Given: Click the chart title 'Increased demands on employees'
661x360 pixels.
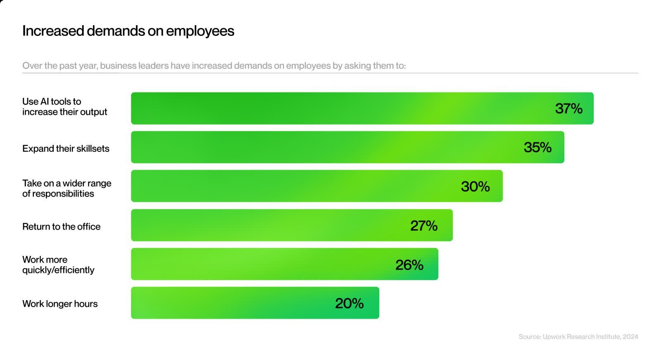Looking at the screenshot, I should point(128,31).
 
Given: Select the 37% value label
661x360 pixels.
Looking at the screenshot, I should point(568,109).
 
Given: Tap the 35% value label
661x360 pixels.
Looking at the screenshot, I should point(537,147).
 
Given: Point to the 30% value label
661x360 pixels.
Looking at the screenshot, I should point(475,187).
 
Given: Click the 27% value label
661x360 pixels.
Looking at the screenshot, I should point(423,226).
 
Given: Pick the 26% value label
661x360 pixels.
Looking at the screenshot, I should point(409,265).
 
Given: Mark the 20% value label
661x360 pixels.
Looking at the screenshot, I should point(349,303).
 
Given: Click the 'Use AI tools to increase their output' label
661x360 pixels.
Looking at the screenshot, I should point(65,107).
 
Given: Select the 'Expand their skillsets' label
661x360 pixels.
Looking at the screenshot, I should point(66,149).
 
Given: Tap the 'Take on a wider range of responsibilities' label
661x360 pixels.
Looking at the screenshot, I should point(67,188).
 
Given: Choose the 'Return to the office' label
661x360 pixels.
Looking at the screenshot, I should point(62,227).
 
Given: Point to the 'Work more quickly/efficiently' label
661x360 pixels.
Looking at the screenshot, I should point(58,265).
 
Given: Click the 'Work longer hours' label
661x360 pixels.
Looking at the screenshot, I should point(60,304).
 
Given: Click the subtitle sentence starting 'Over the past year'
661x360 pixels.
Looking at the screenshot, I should point(214,66).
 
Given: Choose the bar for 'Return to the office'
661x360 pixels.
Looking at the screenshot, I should point(269,225).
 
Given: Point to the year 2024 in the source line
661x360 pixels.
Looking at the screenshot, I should point(630,337).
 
